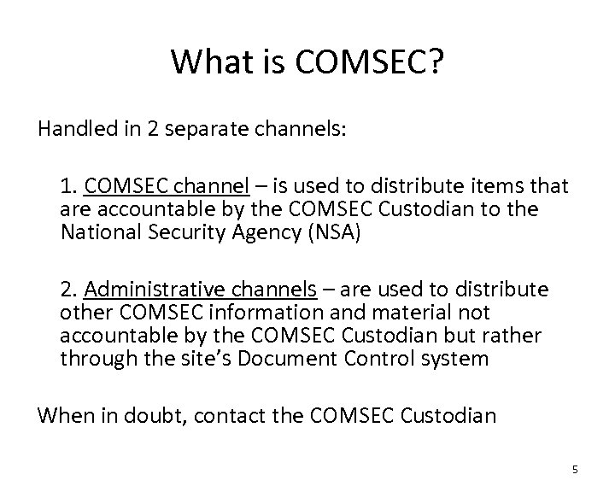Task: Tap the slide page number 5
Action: coord(575,468)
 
